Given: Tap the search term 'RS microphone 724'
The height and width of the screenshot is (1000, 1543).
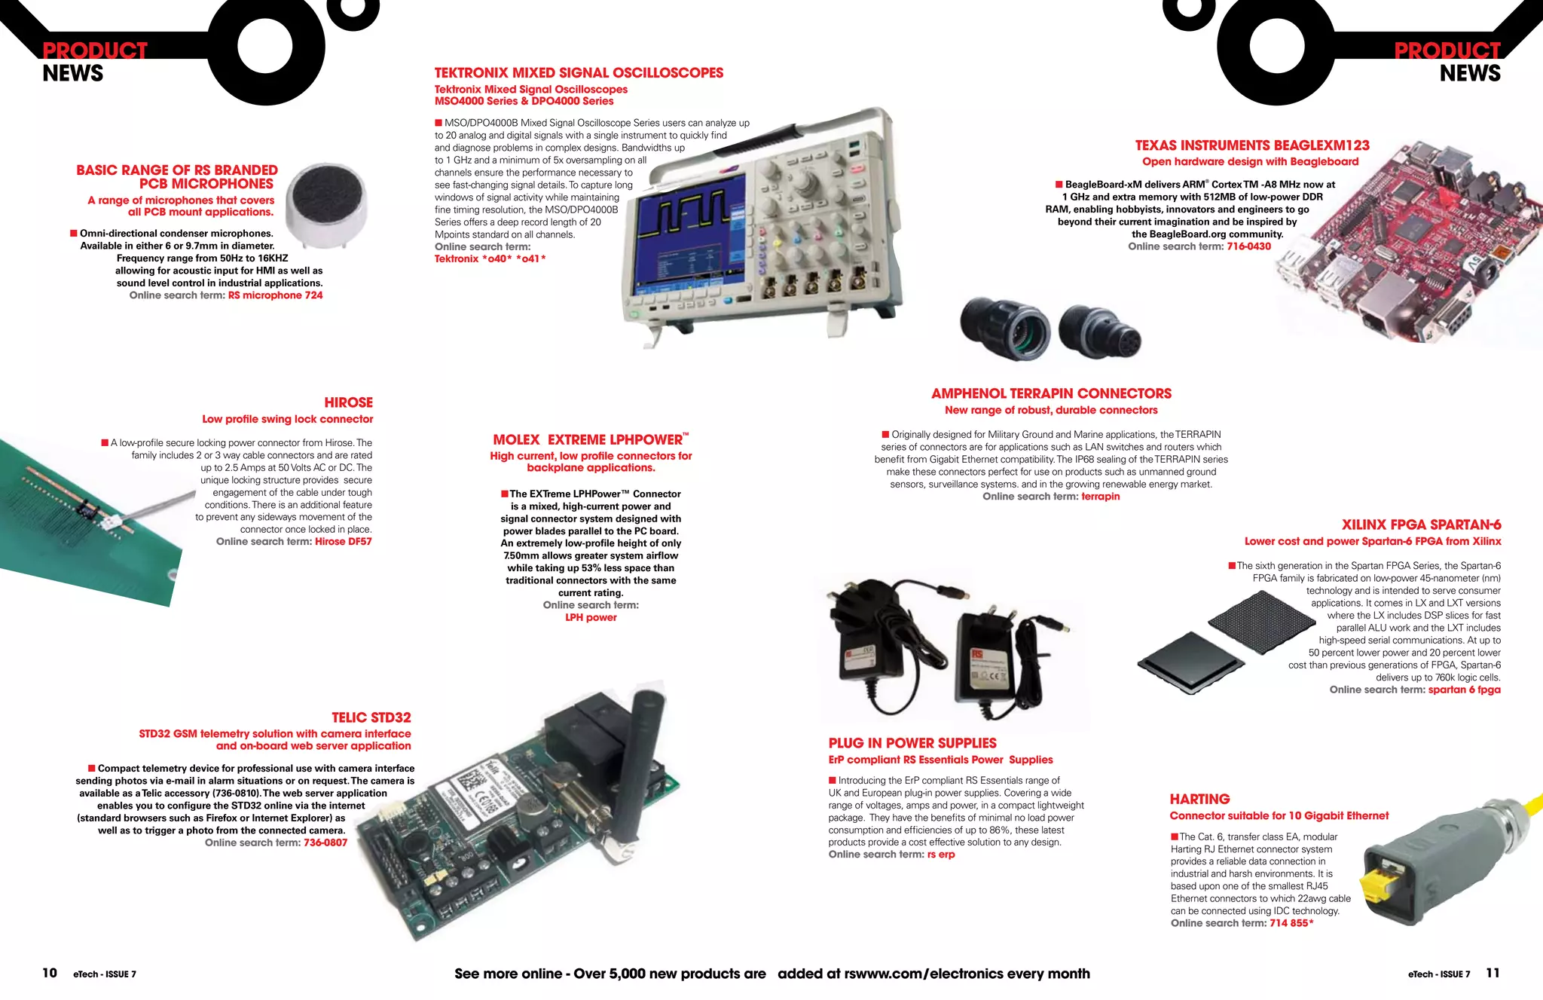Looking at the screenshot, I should click(x=275, y=295).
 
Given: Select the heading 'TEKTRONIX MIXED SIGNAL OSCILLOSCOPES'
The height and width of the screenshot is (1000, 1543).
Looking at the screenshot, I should click(x=579, y=73).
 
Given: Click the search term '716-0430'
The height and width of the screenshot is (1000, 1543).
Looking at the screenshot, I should click(x=1248, y=246).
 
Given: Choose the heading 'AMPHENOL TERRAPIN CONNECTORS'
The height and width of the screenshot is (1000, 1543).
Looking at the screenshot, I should click(x=1051, y=393).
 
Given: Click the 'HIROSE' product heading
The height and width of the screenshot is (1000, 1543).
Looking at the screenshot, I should click(x=348, y=402).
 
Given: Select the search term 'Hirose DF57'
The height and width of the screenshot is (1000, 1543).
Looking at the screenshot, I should click(x=343, y=541).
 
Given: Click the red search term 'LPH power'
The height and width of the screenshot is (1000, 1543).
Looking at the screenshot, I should click(x=591, y=617).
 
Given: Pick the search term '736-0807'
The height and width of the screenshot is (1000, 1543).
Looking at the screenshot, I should click(x=325, y=843).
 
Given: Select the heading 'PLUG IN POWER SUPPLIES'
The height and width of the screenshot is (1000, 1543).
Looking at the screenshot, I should click(x=912, y=743).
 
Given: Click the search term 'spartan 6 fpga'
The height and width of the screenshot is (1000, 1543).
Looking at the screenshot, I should click(x=1464, y=690).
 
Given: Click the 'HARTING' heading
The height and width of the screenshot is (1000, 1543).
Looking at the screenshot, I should click(x=1199, y=799).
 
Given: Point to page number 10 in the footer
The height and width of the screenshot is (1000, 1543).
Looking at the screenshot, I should click(x=50, y=973).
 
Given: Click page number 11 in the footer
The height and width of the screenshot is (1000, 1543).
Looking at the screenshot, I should click(x=1492, y=973).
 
